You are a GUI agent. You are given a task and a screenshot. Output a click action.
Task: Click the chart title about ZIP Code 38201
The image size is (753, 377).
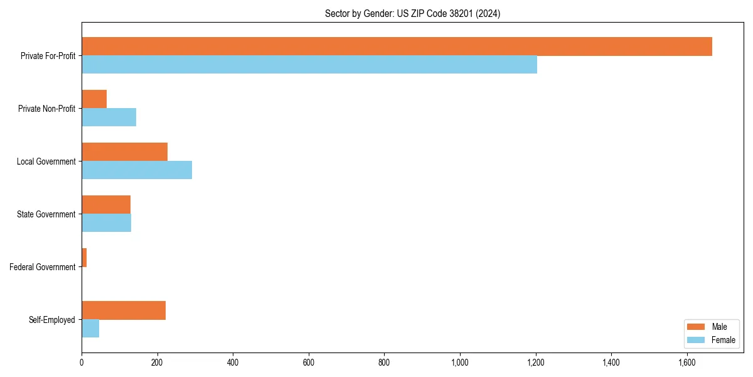tap(412, 13)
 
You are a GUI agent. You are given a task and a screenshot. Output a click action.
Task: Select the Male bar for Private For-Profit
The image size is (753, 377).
tap(397, 46)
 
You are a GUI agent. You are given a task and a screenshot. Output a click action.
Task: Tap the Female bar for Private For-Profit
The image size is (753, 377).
tap(309, 65)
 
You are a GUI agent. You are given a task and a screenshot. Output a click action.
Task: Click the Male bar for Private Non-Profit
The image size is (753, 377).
tap(94, 99)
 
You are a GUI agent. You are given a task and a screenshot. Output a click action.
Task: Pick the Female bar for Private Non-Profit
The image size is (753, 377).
tap(109, 117)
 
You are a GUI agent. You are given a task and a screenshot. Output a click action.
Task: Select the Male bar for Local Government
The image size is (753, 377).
tap(124, 152)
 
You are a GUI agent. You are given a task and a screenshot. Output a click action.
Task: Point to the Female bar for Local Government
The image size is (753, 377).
tap(137, 170)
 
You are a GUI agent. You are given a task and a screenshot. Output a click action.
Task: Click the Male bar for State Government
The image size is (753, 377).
tap(106, 205)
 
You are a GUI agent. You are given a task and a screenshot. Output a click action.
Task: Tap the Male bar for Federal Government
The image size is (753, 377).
tap(84, 258)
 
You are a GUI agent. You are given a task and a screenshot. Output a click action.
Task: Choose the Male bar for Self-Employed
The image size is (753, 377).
tap(124, 310)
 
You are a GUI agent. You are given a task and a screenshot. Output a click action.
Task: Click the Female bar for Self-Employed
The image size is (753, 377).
tap(90, 329)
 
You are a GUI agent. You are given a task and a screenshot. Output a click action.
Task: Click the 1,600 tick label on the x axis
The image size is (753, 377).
tap(687, 363)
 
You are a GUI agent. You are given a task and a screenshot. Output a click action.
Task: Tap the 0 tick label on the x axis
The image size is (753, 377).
tap(82, 363)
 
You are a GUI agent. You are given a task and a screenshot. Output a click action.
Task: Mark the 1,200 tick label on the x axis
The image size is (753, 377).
tap(535, 363)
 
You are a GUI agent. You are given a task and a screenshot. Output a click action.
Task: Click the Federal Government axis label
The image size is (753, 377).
tap(43, 267)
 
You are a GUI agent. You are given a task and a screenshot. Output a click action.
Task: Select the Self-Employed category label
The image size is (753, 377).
tap(52, 320)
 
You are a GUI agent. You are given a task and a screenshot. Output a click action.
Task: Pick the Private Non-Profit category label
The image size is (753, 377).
tap(46, 109)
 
